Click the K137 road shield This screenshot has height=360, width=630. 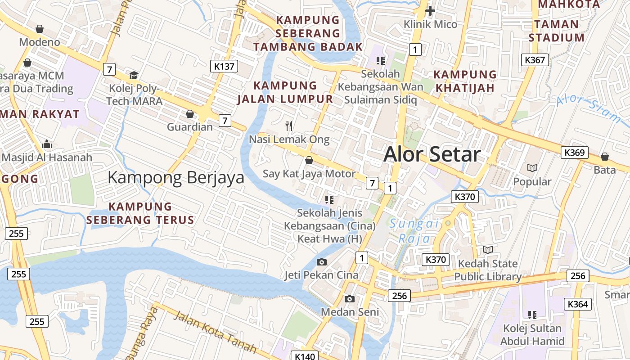[224, 67]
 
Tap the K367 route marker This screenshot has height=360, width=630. [535, 59]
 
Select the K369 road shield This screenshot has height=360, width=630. [575, 153]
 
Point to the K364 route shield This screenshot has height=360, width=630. [578, 304]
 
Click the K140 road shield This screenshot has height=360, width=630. [305, 356]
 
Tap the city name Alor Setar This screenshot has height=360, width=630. [432, 154]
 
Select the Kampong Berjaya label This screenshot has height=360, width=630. [176, 177]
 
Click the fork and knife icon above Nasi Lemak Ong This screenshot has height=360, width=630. [289, 126]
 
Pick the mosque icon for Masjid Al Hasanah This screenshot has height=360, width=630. [46, 144]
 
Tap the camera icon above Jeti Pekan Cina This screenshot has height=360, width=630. [321, 261]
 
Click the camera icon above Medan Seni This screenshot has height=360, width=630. [349, 298]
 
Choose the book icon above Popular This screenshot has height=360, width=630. [532, 168]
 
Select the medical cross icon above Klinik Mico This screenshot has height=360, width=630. [430, 10]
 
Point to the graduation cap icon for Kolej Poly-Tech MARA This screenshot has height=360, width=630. [134, 75]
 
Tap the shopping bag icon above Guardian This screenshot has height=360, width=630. [190, 113]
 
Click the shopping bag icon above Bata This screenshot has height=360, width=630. [604, 157]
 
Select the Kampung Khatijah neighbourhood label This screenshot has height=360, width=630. [465, 81]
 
